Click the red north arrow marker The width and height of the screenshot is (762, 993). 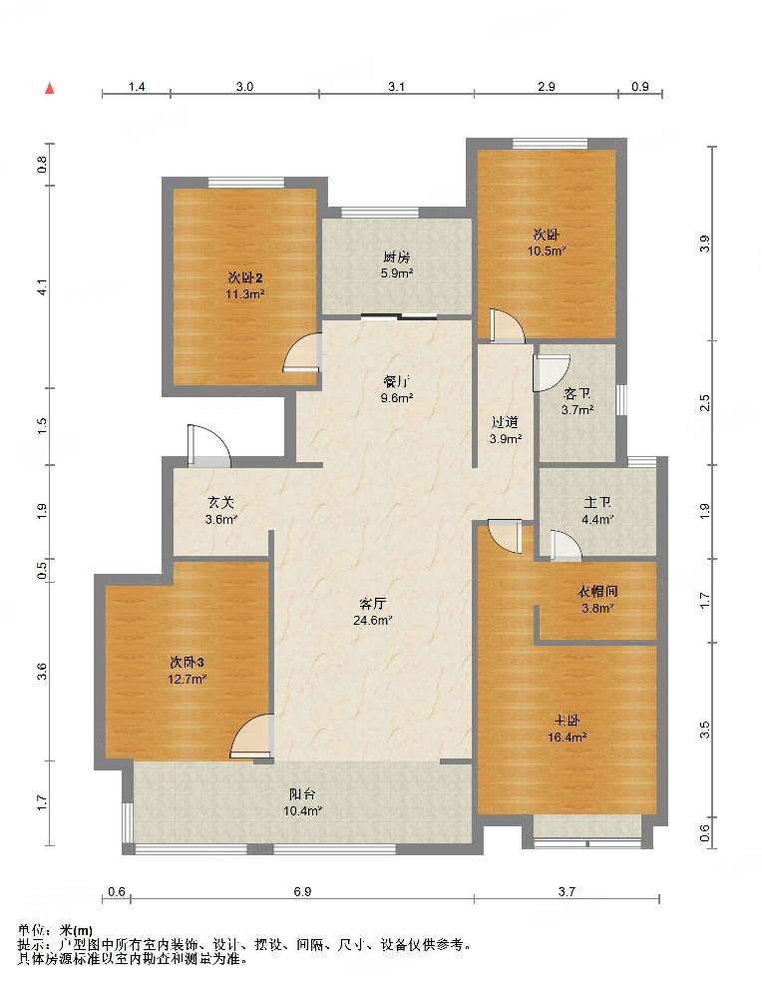(49, 88)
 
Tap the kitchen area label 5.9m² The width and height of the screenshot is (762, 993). (397, 273)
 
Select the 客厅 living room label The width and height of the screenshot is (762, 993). (373, 604)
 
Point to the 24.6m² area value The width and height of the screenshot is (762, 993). (373, 621)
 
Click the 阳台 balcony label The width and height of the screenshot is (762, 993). (302, 793)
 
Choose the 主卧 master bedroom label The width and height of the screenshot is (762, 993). (568, 721)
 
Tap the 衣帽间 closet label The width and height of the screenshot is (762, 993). (596, 592)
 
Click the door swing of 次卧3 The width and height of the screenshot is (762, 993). (252, 737)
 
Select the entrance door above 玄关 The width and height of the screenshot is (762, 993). (208, 446)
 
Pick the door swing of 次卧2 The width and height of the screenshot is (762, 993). (302, 352)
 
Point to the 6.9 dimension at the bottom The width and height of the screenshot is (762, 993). (302, 891)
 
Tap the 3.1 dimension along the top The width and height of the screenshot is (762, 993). (396, 86)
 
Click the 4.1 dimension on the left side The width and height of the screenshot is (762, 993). (42, 286)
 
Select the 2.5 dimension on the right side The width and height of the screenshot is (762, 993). (705, 403)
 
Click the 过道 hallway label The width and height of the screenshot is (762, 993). (505, 422)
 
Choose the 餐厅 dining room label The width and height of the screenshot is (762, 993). (397, 382)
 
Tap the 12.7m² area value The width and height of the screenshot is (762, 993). (188, 680)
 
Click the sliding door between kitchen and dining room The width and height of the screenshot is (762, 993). (399, 316)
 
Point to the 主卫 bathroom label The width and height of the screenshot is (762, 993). (596, 503)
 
